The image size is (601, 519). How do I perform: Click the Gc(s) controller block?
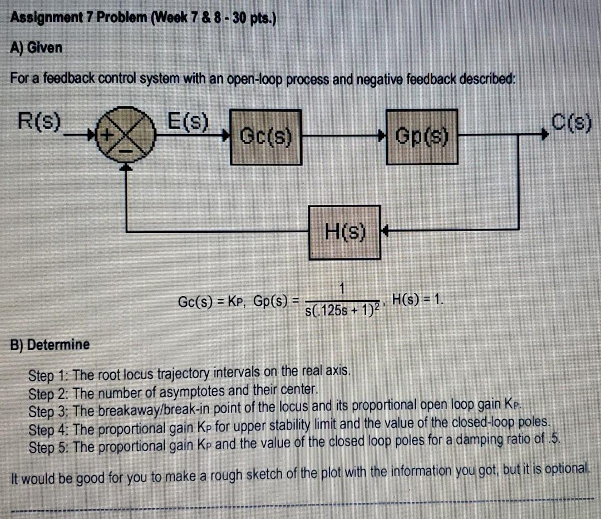point(266,135)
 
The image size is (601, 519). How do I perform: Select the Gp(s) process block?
point(422,135)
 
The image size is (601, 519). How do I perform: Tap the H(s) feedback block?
point(345,232)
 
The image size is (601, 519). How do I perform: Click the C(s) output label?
point(571,120)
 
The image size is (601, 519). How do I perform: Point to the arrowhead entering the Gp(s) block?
point(382,135)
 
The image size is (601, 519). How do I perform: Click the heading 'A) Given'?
point(37,47)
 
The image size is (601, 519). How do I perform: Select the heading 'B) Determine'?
point(51,344)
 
